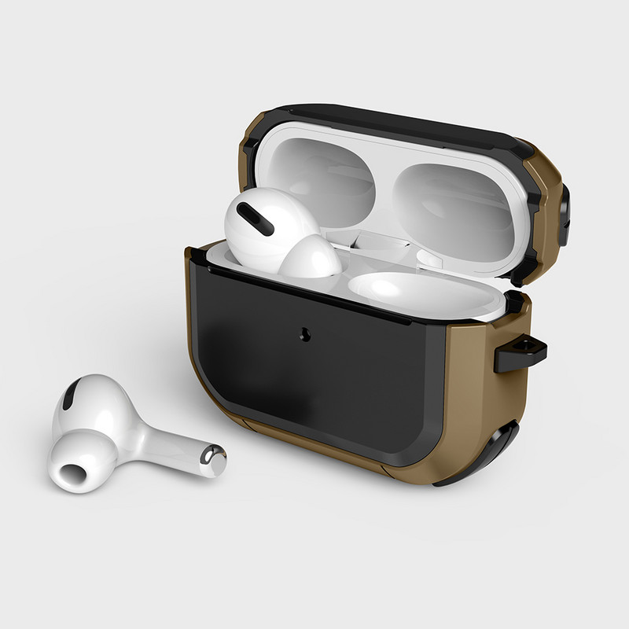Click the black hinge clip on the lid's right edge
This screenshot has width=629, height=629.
[565, 206]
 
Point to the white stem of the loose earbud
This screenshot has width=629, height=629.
[169, 446]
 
